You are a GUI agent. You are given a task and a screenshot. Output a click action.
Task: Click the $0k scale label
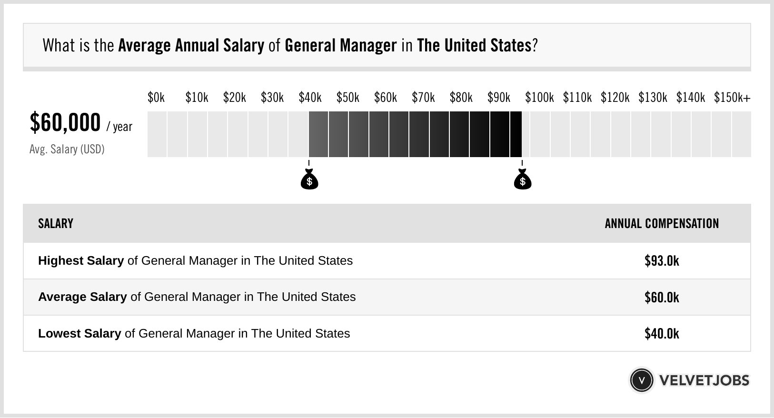[156, 98]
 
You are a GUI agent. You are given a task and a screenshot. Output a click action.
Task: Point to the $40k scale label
[310, 98]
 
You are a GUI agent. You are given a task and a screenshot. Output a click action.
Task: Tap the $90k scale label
[498, 98]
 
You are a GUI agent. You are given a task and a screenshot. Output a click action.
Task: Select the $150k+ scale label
[732, 98]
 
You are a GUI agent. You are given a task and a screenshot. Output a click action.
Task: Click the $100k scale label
[539, 98]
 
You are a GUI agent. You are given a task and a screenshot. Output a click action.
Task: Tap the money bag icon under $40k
[309, 180]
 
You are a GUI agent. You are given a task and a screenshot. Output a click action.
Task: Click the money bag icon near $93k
[523, 180]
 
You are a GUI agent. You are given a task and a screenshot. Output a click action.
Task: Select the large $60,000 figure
[65, 123]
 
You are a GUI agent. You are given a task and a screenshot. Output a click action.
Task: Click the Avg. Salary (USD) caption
[67, 149]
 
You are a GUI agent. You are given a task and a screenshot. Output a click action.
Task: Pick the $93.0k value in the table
[662, 261]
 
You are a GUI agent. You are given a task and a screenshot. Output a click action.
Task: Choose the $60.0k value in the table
[662, 298]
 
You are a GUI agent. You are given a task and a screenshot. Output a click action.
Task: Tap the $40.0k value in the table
[662, 334]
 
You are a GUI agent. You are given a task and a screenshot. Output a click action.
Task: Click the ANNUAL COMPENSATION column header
[662, 224]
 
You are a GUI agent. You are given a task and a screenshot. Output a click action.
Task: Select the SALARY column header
[56, 224]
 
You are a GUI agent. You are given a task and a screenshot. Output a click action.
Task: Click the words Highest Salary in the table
[81, 261]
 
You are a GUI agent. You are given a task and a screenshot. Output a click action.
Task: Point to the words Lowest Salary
[79, 334]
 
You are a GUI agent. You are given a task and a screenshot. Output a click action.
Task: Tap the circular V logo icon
[641, 380]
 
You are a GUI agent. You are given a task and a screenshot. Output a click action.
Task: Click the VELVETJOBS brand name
[704, 380]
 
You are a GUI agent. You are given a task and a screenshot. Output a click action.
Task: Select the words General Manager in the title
[340, 46]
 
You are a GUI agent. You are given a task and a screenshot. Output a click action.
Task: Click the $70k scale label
[423, 98]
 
